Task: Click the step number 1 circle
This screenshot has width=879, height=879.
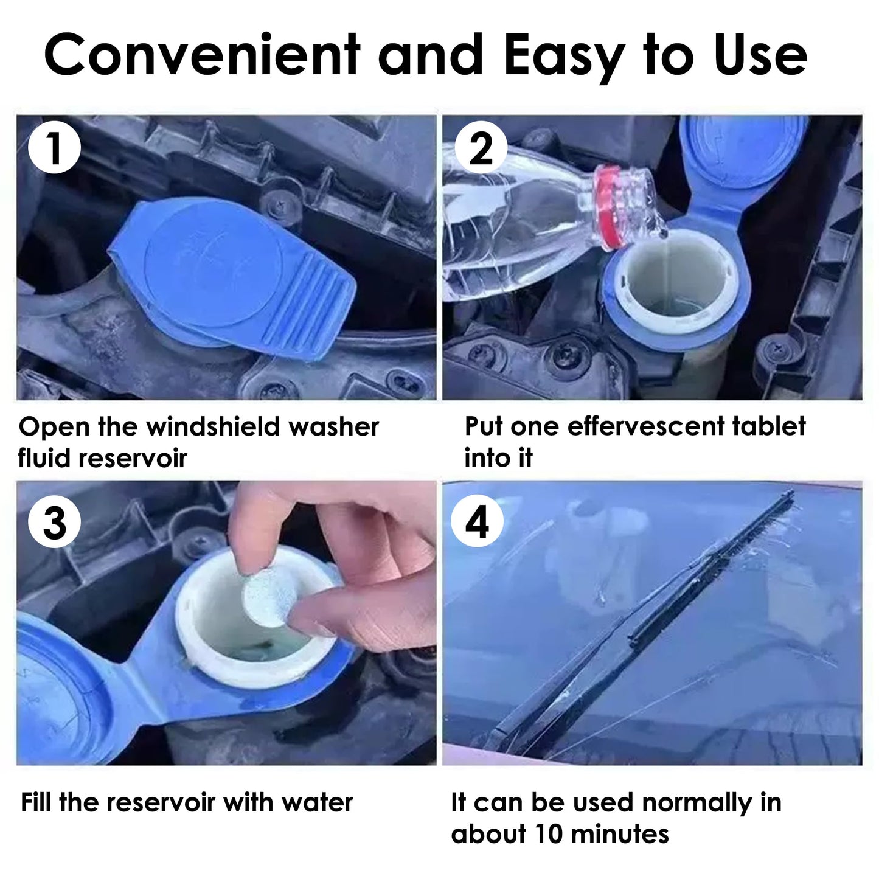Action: click(x=55, y=148)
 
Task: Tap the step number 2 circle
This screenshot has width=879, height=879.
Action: click(x=481, y=148)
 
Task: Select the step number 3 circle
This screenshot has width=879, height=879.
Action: click(x=55, y=522)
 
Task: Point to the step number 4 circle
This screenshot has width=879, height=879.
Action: click(x=477, y=522)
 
